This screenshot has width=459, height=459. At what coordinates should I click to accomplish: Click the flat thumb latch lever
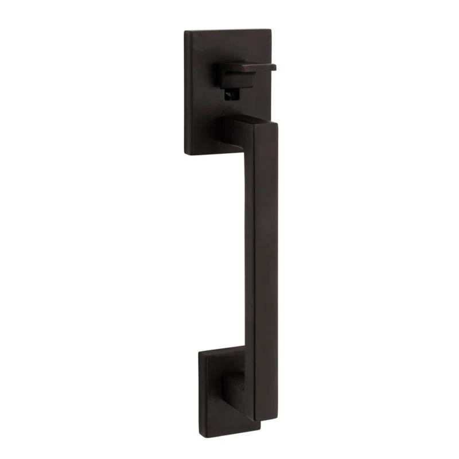click(x=252, y=67)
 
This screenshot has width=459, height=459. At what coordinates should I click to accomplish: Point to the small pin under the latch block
click(x=231, y=96)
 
